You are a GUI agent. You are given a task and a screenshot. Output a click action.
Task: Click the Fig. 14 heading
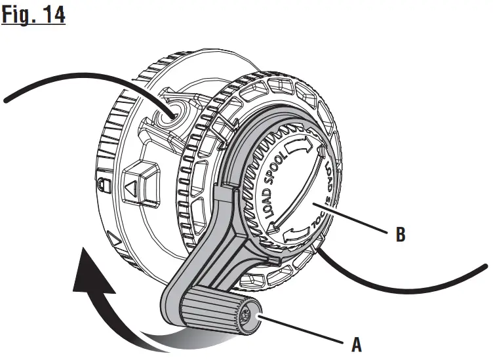click(33, 14)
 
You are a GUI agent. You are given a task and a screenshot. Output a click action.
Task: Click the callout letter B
click(401, 234)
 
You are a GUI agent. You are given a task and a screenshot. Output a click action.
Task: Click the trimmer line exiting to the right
click(420, 283)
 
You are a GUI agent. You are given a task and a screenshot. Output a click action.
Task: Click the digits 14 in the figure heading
click(54, 14)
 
